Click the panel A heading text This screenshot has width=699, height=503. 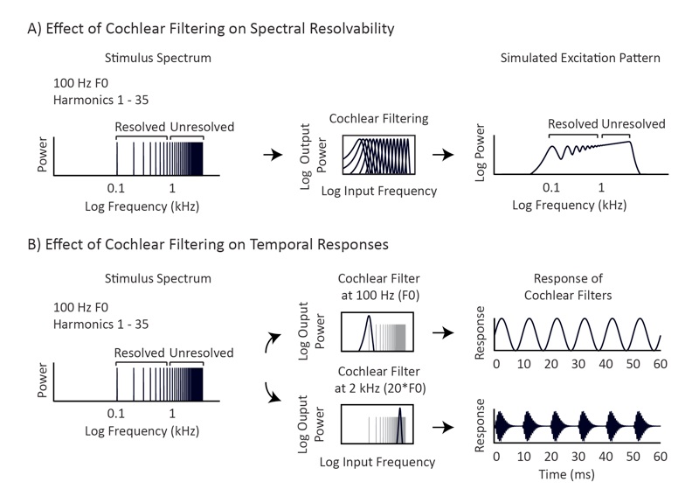click(x=211, y=29)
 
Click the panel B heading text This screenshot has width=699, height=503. click(x=208, y=245)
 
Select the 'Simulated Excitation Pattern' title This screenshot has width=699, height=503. click(x=580, y=58)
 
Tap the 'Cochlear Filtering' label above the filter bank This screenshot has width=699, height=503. click(x=378, y=119)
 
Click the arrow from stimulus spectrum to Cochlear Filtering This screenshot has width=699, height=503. click(x=273, y=155)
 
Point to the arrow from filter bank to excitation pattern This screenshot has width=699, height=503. click(x=443, y=155)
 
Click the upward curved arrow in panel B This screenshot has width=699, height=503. click(x=273, y=341)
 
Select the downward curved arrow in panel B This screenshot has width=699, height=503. click(x=273, y=392)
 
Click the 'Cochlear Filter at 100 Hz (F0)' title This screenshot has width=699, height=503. click(x=379, y=287)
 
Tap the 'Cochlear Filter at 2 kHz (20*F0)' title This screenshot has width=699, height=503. click(x=380, y=380)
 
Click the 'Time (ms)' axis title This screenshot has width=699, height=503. click(x=566, y=474)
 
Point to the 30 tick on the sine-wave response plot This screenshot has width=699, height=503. click(x=578, y=364)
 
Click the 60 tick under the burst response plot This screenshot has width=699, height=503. click(x=660, y=457)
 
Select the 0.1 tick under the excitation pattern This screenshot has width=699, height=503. click(x=551, y=187)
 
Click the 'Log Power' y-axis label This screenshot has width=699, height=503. click(x=480, y=153)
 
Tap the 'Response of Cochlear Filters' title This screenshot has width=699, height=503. click(x=568, y=287)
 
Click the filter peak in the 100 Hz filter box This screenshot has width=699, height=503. click(x=369, y=317)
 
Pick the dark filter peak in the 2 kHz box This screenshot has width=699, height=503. click(x=400, y=409)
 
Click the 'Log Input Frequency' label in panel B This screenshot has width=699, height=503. click(x=377, y=463)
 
